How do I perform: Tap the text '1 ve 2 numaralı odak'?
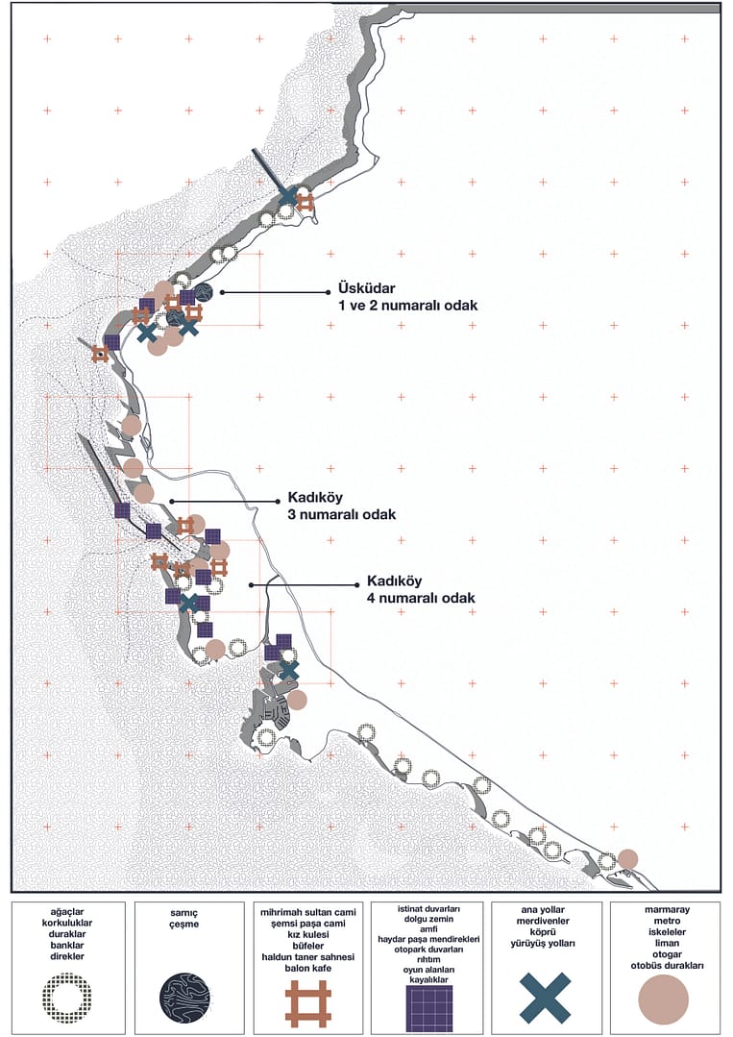tap(407, 305)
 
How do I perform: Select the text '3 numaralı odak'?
tap(341, 514)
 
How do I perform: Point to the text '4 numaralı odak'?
tap(421, 598)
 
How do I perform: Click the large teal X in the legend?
tap(545, 998)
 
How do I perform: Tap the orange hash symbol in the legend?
tap(308, 1002)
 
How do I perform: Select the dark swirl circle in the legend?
tap(188, 998)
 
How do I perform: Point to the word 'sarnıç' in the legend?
tap(188, 908)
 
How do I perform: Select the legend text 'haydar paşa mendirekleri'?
tap(428, 939)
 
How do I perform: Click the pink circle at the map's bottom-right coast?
tap(627, 858)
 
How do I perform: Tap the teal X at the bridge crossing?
tap(287, 196)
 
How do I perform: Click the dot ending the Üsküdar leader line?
tap(222, 291)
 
